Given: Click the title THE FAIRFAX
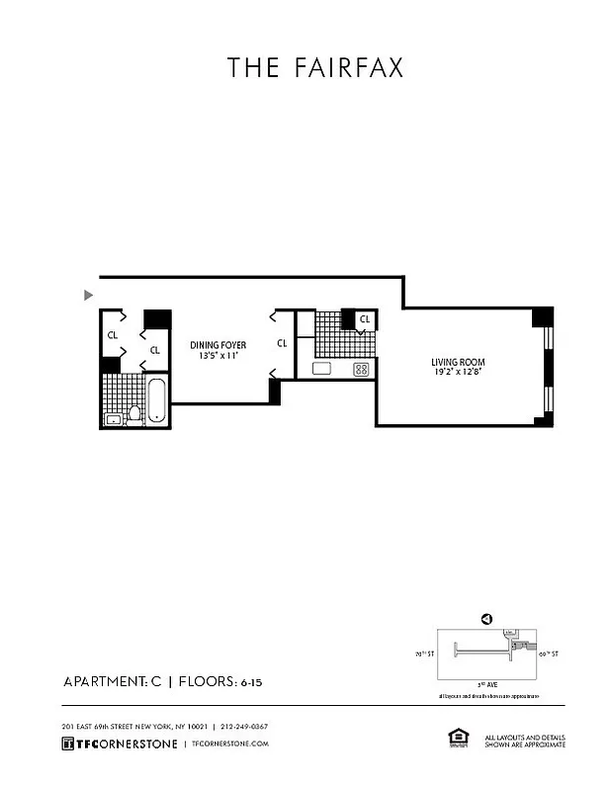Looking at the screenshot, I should coord(314,67).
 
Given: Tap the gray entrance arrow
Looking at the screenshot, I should coord(89,294).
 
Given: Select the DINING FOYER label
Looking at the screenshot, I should coord(218,345).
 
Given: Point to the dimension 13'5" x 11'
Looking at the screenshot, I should coord(218,355).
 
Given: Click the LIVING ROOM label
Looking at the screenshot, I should coord(457,363).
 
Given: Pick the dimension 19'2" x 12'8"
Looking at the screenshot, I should coord(457,373).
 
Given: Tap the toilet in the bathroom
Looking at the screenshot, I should coord(134,412).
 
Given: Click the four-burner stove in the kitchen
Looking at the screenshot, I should coord(361,369).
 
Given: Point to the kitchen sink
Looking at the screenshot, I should coord(321,369).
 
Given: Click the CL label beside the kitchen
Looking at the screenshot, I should coord(364,319).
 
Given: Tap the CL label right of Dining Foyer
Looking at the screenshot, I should coord(282,344).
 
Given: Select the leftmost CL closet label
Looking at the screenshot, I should coord(113,334).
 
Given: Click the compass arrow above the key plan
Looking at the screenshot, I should coord(485,619).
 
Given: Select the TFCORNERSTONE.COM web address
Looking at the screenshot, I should coord(230,744).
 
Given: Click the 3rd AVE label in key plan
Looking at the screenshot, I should coord(481,683).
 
